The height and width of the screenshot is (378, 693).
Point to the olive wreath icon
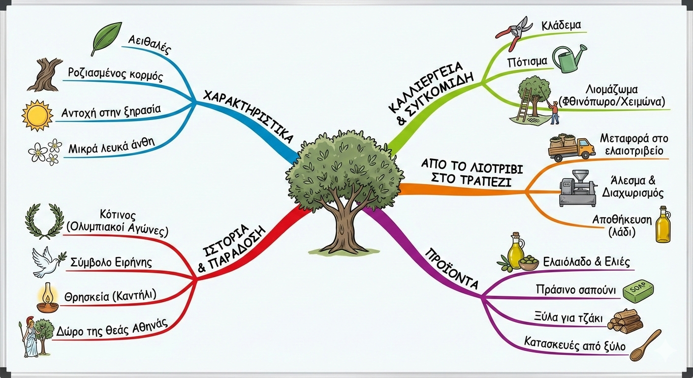click(44, 221)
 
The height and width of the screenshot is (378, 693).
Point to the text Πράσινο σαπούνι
click(575, 290)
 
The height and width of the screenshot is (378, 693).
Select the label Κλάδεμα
click(562, 25)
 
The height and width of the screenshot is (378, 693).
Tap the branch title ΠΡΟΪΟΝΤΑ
click(451, 268)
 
